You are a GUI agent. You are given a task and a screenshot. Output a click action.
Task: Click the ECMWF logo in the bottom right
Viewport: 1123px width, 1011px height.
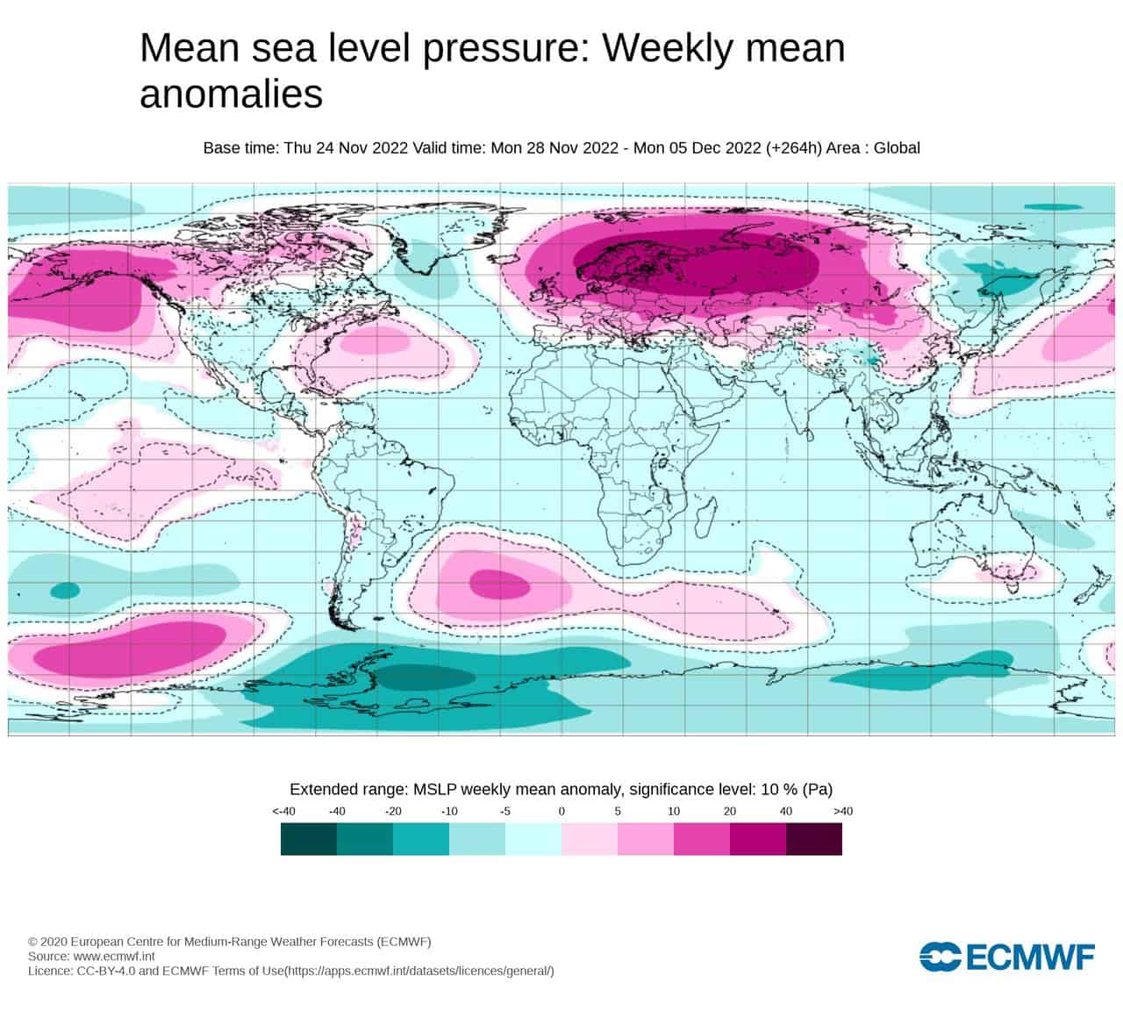click(x=1006, y=957)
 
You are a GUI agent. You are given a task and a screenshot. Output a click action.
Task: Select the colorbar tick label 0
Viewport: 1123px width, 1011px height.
click(x=561, y=811)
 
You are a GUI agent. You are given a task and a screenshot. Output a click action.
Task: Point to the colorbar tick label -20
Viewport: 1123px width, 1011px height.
click(x=393, y=811)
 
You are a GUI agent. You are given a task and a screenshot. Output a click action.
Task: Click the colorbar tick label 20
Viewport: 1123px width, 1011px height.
click(x=730, y=811)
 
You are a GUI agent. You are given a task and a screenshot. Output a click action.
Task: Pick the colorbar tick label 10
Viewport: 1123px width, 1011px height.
click(x=674, y=811)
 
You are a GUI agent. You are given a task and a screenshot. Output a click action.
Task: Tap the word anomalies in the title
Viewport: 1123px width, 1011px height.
click(x=232, y=94)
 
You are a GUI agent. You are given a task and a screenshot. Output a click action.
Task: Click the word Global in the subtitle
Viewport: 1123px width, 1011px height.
click(x=897, y=147)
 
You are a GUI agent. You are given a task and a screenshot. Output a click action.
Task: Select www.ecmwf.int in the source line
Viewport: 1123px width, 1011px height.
click(x=114, y=956)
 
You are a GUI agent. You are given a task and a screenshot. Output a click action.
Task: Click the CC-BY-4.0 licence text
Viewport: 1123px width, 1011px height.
click(x=106, y=971)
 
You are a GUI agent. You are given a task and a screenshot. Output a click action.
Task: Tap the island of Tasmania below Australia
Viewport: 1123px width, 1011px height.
click(x=1012, y=587)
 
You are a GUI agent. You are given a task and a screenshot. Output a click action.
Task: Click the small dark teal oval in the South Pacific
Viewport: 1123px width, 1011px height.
click(x=66, y=591)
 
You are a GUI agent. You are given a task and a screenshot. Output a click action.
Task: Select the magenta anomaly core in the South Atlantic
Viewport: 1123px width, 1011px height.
click(x=499, y=584)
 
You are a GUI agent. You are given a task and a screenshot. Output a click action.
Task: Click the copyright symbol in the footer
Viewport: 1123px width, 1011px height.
click(x=32, y=942)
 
